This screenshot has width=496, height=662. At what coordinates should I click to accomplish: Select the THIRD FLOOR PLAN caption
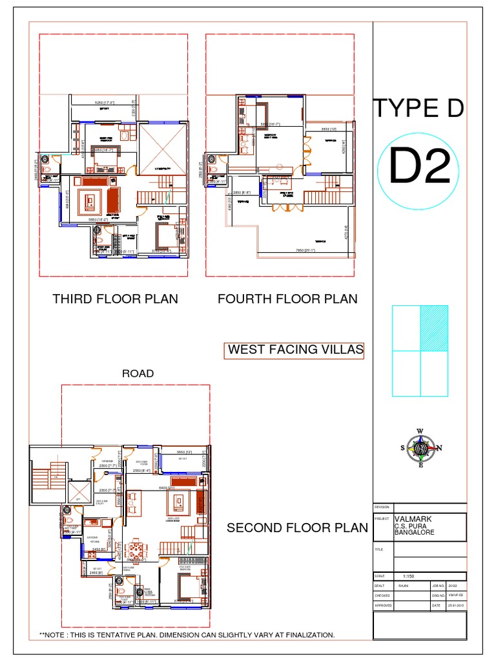pyautogui.click(x=115, y=299)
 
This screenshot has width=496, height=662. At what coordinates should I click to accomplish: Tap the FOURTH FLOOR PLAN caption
pyautogui.click(x=287, y=299)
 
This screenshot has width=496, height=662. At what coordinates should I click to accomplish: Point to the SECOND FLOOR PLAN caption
pyautogui.click(x=297, y=528)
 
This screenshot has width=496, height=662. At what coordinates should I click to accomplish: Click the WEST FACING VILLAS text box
pyautogui.click(x=295, y=350)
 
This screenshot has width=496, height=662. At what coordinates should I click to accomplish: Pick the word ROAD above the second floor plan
pyautogui.click(x=138, y=373)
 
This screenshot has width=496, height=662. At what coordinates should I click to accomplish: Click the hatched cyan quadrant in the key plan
pyautogui.click(x=434, y=328)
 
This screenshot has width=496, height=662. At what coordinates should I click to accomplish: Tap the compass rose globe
pyautogui.click(x=420, y=448)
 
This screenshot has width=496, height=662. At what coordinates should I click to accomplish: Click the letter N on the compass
pyautogui.click(x=439, y=448)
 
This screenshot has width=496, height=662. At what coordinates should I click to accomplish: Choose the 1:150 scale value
pyautogui.click(x=409, y=575)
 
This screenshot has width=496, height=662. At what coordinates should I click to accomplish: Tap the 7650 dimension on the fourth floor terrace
pyautogui.click(x=304, y=251)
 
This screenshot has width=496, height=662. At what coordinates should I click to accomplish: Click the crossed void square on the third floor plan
pyautogui.click(x=161, y=147)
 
